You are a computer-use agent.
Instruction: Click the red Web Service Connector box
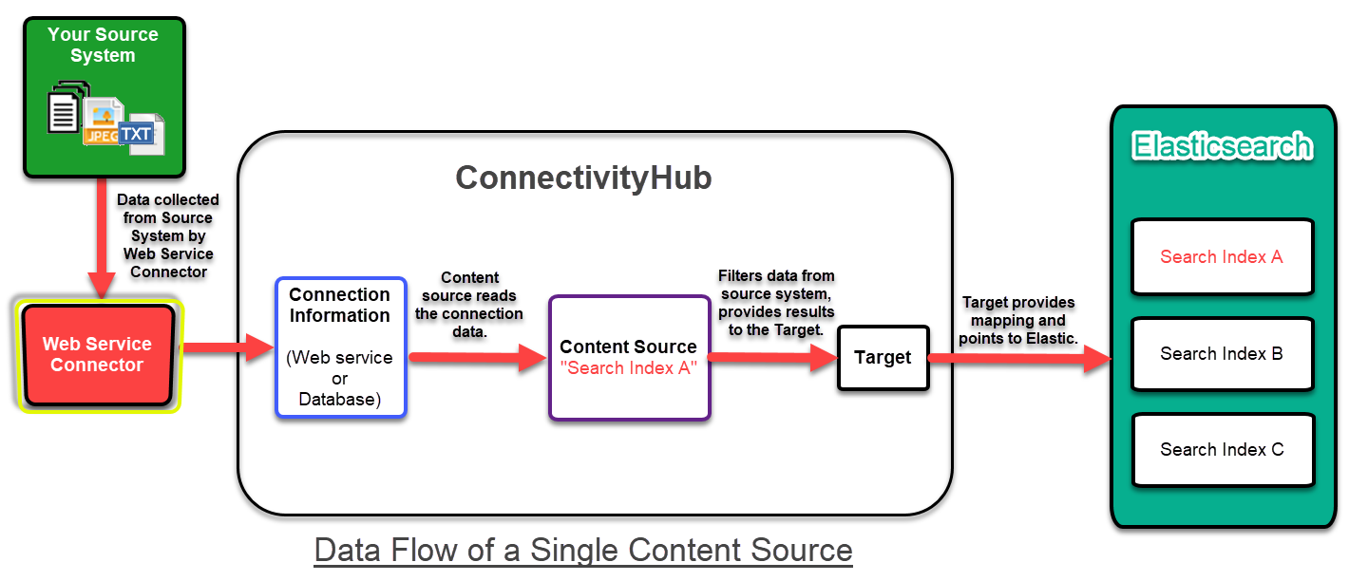coord(98,354)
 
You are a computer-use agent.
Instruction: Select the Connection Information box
coord(340,347)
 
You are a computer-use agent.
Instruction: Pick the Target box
coord(883,357)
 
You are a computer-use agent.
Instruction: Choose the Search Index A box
coord(1222,257)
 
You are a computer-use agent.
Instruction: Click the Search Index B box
coord(1222,354)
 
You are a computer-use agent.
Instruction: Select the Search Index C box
coord(1222,450)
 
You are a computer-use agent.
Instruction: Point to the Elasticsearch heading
coord(1223,147)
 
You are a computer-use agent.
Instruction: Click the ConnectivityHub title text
coord(583,178)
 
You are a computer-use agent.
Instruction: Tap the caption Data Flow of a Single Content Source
coord(583,550)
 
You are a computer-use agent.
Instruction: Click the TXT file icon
coord(139,135)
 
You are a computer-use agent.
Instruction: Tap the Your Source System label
coord(103,45)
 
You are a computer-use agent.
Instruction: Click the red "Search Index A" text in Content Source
coord(628,368)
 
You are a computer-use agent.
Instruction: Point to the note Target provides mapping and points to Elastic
coord(1018,320)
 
